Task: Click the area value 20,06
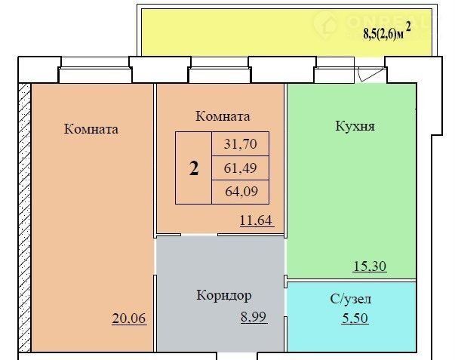(129, 318)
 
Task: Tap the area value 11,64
(257, 220)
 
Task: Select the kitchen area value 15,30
(370, 266)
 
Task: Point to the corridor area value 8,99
(254, 317)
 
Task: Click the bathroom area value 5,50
(355, 318)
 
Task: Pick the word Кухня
(355, 126)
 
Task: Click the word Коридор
(224, 296)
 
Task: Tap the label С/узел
(351, 299)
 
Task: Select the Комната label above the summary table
(223, 116)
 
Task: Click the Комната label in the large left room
(91, 129)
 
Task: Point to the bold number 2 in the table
(194, 168)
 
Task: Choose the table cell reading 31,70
(240, 144)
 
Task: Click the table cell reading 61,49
(240, 168)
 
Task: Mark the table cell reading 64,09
(240, 192)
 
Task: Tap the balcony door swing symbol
(370, 74)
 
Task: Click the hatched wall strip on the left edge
(25, 218)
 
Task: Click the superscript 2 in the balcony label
(408, 27)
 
